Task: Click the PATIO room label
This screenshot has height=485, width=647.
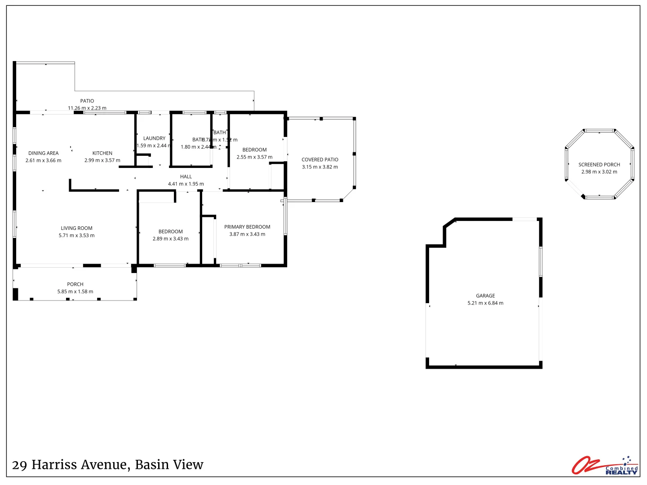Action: tap(87, 101)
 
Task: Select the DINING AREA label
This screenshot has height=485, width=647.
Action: tap(44, 153)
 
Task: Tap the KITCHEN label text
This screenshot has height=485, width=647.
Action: tap(102, 153)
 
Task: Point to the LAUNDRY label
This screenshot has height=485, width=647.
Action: tap(154, 138)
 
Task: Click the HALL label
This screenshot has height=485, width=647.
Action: tap(186, 176)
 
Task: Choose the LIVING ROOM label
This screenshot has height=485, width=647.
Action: tap(77, 228)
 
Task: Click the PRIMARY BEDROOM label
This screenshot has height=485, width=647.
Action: tap(247, 227)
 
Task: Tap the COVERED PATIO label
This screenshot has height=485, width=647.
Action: tap(320, 159)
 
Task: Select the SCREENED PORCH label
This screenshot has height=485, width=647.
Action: tap(599, 164)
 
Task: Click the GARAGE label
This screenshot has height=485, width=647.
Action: tap(485, 295)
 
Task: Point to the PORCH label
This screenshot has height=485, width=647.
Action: tap(75, 284)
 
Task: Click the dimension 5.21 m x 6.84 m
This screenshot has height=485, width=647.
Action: tap(485, 303)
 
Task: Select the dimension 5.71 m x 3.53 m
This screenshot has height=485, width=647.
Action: tap(77, 235)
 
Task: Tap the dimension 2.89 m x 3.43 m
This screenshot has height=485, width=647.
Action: tap(171, 238)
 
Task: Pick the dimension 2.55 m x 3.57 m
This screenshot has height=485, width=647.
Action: tap(254, 157)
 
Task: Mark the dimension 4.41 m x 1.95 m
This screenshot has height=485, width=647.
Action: tap(186, 184)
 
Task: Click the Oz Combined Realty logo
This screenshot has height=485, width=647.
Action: tap(605, 465)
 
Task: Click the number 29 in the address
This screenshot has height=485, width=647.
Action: tap(19, 465)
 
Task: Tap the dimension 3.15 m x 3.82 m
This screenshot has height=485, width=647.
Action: tap(320, 167)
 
